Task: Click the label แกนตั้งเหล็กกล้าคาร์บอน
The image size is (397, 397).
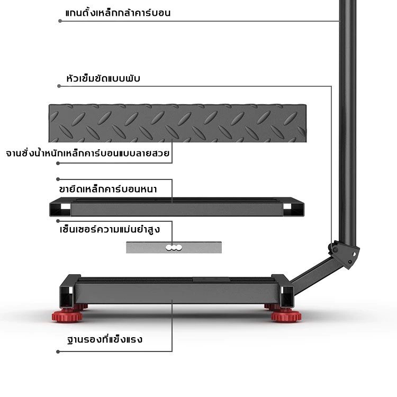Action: [118, 12]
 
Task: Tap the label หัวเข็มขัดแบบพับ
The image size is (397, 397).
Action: [103, 78]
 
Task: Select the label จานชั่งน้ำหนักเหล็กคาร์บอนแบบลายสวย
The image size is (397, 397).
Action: [87, 153]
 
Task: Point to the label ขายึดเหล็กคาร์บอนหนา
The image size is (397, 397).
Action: [108, 189]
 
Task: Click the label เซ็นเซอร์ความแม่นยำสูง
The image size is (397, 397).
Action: [110, 230]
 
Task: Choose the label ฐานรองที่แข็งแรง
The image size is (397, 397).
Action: [105, 339]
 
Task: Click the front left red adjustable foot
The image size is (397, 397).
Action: [67, 315]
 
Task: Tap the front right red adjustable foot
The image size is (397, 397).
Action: [286, 316]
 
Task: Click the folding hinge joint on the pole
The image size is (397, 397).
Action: [344, 254]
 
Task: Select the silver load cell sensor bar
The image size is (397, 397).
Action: [174, 247]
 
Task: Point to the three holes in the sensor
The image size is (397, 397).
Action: [174, 248]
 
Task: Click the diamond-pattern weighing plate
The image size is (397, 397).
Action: [177, 123]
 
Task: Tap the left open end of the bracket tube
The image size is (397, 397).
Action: [60, 209]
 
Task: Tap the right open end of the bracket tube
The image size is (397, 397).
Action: [293, 209]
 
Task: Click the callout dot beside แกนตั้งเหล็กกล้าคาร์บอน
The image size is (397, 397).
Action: [60, 21]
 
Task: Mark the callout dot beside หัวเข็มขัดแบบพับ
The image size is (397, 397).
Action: [59, 86]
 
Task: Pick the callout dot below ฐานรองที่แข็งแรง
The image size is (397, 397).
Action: [58, 351]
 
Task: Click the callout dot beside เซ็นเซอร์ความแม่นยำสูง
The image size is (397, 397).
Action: [58, 221]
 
